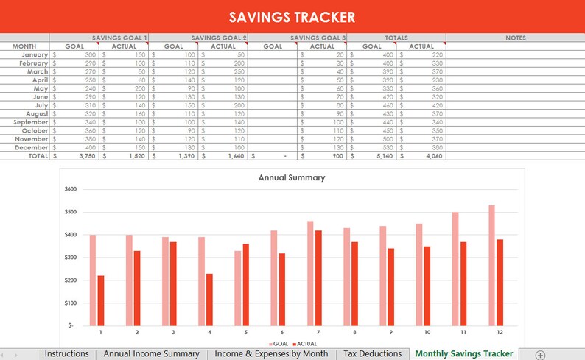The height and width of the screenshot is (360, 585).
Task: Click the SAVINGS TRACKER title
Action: pos(292,17)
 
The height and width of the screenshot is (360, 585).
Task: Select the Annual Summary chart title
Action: pos(292,177)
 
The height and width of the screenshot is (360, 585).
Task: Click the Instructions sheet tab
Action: pos(66,354)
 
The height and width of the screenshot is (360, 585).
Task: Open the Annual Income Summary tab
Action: pos(151,354)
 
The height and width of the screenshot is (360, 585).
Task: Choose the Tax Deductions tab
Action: pos(372,354)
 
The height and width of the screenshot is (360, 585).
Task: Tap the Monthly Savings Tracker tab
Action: pos(463,354)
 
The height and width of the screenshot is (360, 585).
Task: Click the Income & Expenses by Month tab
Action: pos(271,354)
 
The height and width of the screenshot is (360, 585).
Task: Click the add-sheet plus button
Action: pos(540,355)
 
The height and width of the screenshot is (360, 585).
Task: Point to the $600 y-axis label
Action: pos(70,189)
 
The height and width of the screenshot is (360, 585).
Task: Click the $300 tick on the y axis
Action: pos(70,257)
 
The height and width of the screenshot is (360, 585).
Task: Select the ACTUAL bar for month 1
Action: pos(101,300)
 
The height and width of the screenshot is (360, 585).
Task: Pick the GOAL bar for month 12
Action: pos(491,265)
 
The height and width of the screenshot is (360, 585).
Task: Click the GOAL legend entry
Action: pos(279,344)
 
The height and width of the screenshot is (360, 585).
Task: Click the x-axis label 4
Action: pos(209,332)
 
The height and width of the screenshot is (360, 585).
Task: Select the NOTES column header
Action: pos(515,38)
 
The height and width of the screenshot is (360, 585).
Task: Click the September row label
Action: pos(29,122)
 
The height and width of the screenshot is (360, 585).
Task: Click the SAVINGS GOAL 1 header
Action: pos(118,38)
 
